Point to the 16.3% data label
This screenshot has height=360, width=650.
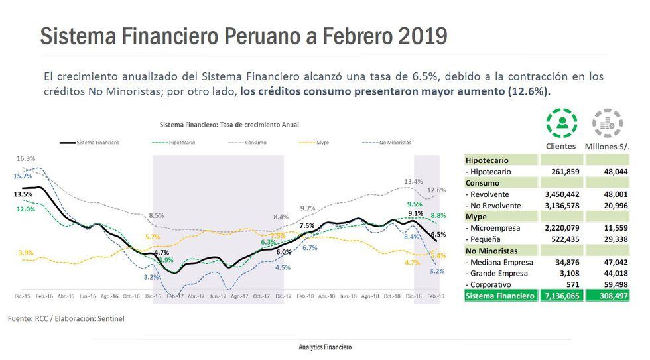pyautogui.click(x=26, y=158)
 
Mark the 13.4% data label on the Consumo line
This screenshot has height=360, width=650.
pyautogui.click(x=413, y=181)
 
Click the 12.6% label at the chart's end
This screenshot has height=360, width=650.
pyautogui.click(x=436, y=190)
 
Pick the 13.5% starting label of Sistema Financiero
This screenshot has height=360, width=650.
pyautogui.click(x=23, y=194)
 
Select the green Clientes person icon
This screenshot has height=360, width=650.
pyautogui.click(x=561, y=123)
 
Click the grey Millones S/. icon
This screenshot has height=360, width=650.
pyautogui.click(x=607, y=123)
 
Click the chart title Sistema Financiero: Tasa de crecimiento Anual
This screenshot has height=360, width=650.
pyautogui.click(x=229, y=124)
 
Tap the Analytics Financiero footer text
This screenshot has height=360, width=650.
pyautogui.click(x=325, y=347)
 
